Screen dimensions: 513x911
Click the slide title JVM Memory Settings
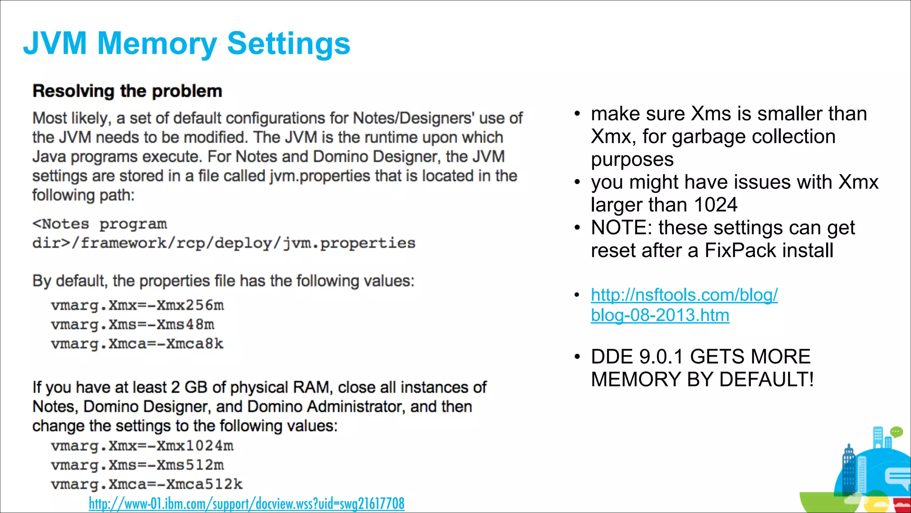187,44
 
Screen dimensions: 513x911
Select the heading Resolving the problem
127,91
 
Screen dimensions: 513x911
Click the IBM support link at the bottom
246,504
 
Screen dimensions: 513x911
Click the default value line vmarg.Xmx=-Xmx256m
137,305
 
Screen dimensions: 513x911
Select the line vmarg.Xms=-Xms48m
132,325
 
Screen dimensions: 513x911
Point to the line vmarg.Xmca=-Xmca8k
137,344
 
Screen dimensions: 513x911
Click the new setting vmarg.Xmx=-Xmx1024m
142,446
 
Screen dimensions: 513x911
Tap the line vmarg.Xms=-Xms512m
137,465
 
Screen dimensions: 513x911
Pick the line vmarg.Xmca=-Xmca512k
146,484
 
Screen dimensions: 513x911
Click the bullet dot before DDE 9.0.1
577,357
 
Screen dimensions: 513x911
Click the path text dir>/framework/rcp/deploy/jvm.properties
224,243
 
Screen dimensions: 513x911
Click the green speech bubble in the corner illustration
896,432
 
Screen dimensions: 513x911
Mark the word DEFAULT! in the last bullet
766,379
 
